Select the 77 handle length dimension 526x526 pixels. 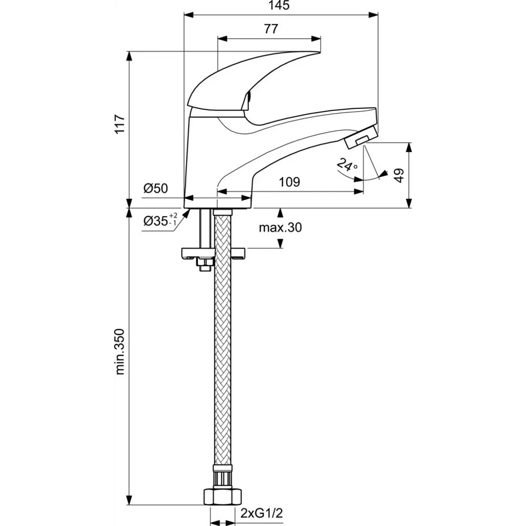(x=271, y=29)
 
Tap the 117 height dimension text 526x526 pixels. (x=120, y=124)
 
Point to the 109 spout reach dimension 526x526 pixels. (x=289, y=182)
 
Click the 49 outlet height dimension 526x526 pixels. (x=399, y=176)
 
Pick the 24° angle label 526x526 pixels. (x=347, y=165)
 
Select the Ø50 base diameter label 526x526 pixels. (x=156, y=188)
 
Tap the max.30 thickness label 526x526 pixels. (x=280, y=227)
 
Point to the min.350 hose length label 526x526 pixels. (x=120, y=351)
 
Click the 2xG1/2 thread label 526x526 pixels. (x=261, y=513)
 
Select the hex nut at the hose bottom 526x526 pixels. (x=222, y=497)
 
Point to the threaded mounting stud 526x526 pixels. (x=205, y=228)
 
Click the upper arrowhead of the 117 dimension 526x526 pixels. (x=129, y=56)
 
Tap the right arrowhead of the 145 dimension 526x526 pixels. (x=373, y=15)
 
